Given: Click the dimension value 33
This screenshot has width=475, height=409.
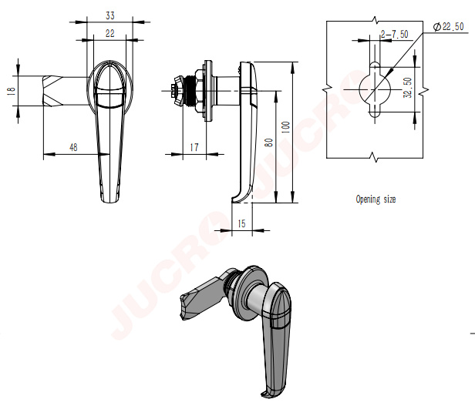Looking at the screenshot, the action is pyautogui.click(x=110, y=15).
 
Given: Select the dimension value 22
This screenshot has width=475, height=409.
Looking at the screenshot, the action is pyautogui.click(x=110, y=33).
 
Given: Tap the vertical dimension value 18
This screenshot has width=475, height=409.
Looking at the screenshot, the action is pyautogui.click(x=11, y=92).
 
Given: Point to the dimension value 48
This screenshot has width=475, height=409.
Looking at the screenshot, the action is pyautogui.click(x=73, y=147).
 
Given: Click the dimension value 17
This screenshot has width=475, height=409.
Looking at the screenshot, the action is pyautogui.click(x=194, y=147).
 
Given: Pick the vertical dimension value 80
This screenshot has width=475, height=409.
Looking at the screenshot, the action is pyautogui.click(x=268, y=142).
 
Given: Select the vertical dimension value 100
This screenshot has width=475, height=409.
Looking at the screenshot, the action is pyautogui.click(x=285, y=127).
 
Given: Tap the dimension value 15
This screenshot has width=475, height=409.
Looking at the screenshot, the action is pyautogui.click(x=241, y=223).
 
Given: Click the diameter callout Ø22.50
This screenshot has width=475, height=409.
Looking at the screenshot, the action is pyautogui.click(x=449, y=27).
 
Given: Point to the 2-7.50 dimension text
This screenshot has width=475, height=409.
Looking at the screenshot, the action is pyautogui.click(x=395, y=34).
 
